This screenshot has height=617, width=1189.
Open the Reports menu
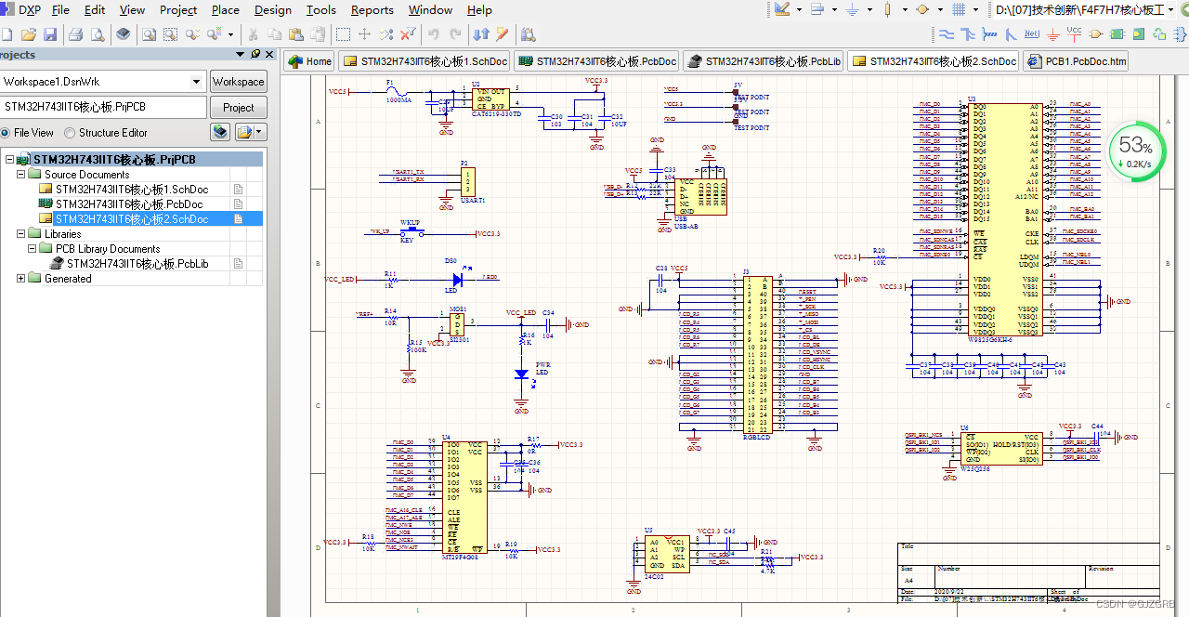click(372, 10)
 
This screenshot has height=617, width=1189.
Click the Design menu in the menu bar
click(272, 10)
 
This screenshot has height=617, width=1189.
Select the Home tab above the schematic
click(309, 61)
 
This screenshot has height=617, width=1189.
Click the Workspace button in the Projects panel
click(238, 82)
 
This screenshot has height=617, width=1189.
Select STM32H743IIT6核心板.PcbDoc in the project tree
click(129, 203)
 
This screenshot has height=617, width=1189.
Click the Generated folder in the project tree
click(68, 279)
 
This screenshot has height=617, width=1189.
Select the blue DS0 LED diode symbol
click(456, 278)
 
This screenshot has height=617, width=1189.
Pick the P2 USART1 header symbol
click(468, 181)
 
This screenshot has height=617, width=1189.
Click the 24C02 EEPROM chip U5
click(667, 554)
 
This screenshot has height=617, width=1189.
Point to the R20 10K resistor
click(878, 256)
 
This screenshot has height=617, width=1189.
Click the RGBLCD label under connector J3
click(757, 437)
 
